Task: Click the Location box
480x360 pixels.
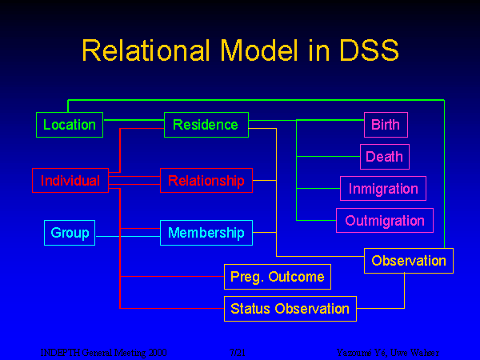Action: point(70,125)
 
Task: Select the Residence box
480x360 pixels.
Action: point(206,125)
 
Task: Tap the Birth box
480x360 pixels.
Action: point(385,125)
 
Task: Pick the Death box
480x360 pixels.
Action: point(384,157)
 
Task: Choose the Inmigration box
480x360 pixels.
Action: point(383,189)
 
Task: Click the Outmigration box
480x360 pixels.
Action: point(385,220)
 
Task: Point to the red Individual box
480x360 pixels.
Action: point(70,181)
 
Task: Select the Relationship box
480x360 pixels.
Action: point(206,181)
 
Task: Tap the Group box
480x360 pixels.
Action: point(69,233)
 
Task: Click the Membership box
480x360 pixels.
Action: point(206,233)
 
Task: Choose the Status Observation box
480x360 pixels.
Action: point(290,308)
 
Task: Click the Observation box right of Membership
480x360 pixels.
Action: point(409,261)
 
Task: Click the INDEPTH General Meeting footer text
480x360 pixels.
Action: point(104,352)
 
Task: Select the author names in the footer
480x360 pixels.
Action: point(387,352)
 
